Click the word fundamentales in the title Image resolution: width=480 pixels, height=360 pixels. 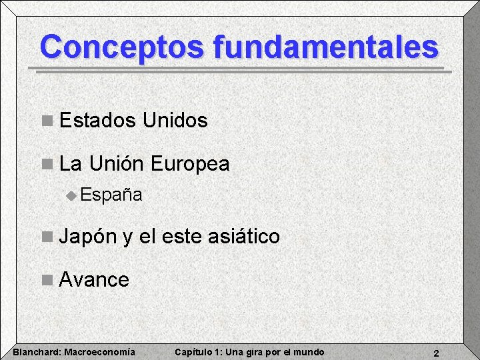[326, 47]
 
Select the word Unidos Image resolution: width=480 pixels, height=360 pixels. [175, 121]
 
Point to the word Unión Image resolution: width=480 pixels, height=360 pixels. [117, 163]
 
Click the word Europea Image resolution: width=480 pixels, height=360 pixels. [190, 163]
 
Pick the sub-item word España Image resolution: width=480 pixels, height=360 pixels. [111, 195]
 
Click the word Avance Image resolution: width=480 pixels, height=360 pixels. [94, 279]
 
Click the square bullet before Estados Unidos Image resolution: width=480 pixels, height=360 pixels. [46, 121]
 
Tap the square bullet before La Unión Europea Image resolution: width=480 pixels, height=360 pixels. [46, 164]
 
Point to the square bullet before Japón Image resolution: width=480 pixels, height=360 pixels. [46, 237]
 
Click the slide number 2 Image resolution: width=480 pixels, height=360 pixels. [435, 353]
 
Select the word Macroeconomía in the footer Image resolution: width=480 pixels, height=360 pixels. [99, 352]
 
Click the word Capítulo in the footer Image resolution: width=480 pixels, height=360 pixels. [192, 352]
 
